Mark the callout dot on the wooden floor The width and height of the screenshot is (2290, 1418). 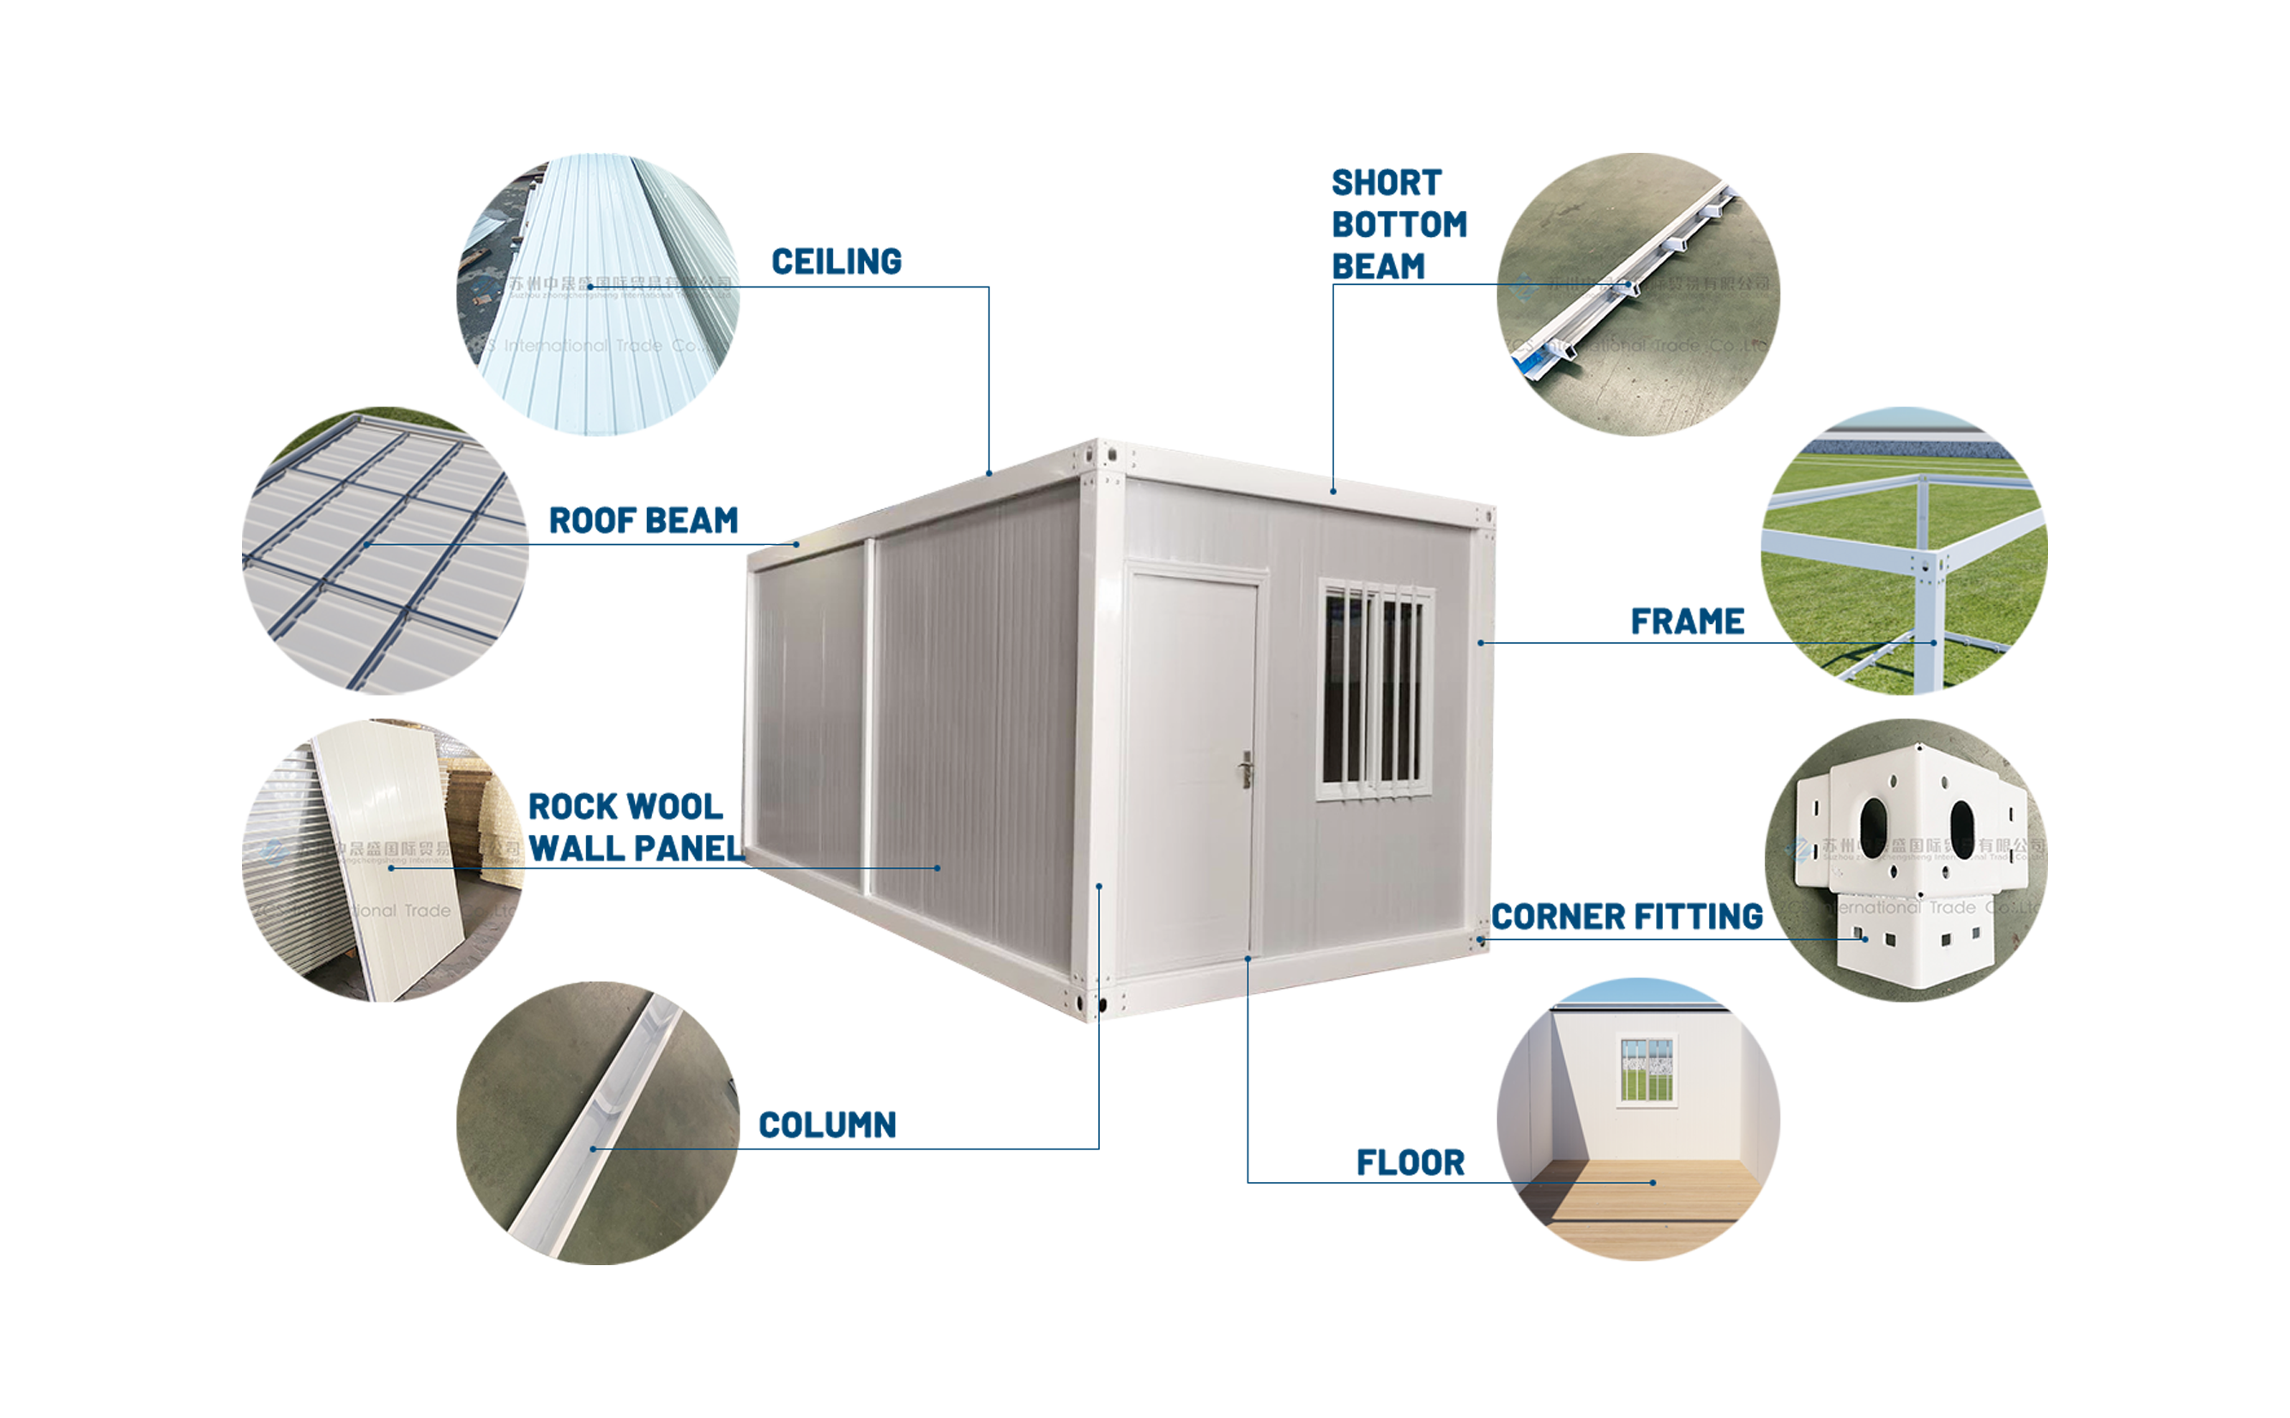(1653, 1183)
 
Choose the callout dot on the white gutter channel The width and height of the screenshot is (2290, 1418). (592, 1148)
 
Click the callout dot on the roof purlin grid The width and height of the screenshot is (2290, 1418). (367, 544)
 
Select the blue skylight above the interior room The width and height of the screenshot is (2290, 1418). (1638, 990)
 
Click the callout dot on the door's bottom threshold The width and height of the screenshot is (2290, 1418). (1248, 958)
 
